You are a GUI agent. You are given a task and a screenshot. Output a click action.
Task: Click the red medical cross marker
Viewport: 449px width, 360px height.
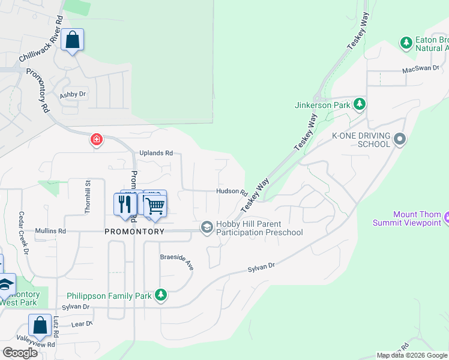pos(96,140)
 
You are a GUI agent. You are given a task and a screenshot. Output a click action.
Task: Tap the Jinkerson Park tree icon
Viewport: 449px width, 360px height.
pos(360,105)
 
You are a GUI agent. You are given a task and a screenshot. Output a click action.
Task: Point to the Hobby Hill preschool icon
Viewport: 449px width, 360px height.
pos(207,227)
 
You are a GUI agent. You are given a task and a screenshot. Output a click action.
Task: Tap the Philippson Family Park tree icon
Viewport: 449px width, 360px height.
pos(160,295)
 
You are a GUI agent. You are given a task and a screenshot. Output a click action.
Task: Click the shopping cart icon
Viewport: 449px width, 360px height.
pos(155,206)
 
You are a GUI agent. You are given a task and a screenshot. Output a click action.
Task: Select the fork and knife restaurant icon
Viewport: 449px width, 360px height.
pos(125,205)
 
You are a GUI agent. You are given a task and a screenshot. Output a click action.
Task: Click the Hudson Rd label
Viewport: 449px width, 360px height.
pos(232,192)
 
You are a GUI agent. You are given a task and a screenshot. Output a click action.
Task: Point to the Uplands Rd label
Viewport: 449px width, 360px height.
pos(156,153)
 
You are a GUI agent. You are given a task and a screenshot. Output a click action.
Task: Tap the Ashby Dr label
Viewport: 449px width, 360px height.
pos(73,95)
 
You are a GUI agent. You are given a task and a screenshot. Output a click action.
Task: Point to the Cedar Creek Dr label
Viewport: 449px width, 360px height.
pos(23,233)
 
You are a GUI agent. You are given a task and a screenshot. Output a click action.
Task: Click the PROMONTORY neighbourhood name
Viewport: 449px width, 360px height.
pos(134,232)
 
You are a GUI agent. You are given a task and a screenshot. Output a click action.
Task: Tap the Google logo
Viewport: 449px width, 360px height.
pos(20,352)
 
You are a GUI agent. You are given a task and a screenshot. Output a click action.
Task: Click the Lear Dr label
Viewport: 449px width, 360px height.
pos(82,324)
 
